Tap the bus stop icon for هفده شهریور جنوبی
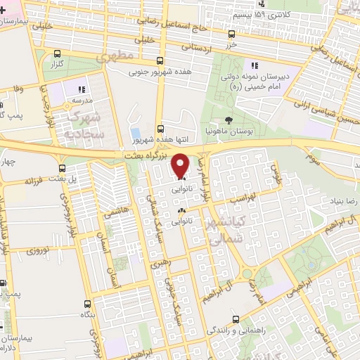pyautogui.click(x=160, y=60)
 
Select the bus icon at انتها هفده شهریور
pyautogui.click(x=161, y=129)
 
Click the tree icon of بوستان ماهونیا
pyautogui.click(x=230, y=120)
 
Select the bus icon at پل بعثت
pyautogui.click(x=62, y=169)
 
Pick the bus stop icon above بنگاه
pyautogui.click(x=87, y=304)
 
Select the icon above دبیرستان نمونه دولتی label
pyautogui.click(x=255, y=66)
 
